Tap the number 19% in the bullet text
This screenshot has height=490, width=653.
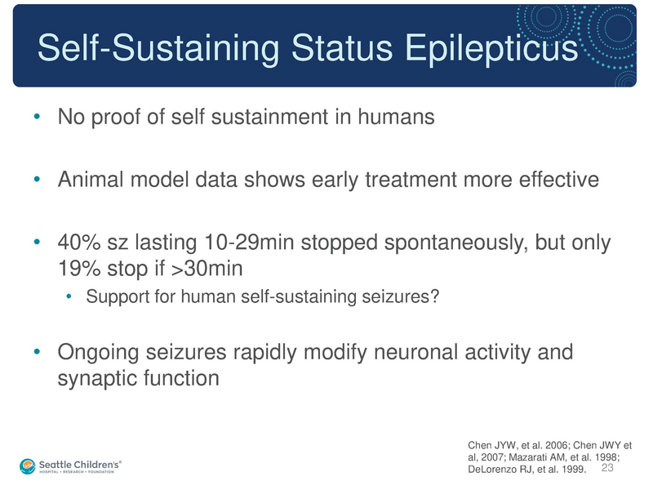pyautogui.click(x=76, y=268)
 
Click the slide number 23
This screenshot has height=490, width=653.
pyautogui.click(x=606, y=469)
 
